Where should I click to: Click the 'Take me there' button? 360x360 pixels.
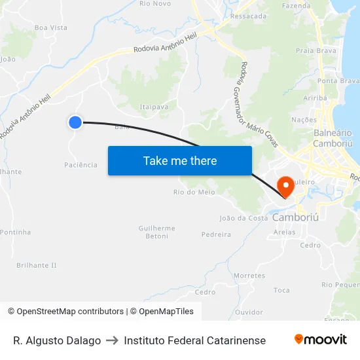pyautogui.click(x=180, y=160)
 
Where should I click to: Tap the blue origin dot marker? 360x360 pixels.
pyautogui.click(x=75, y=122)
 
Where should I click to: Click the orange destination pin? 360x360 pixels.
pyautogui.click(x=286, y=187)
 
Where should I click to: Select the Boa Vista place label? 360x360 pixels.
pyautogui.click(x=50, y=27)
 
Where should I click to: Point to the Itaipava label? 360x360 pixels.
pyautogui.click(x=154, y=107)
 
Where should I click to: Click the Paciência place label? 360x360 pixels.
pyautogui.click(x=81, y=165)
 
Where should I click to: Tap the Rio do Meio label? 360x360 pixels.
pyautogui.click(x=194, y=192)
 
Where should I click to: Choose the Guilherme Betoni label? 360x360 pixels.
pyautogui.click(x=157, y=232)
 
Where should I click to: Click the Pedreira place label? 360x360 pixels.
pyautogui.click(x=216, y=234)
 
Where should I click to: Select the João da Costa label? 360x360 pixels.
pyautogui.click(x=243, y=218)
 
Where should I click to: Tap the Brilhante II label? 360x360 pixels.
pyautogui.click(x=37, y=265)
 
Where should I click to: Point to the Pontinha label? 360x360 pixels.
pyautogui.click(x=15, y=232)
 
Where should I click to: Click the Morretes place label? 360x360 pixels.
pyautogui.click(x=249, y=276)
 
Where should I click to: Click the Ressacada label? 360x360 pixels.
pyautogui.click(x=249, y=16)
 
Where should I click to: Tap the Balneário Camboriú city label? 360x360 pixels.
pyautogui.click(x=333, y=137)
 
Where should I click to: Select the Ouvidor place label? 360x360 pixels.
pyautogui.click(x=249, y=312)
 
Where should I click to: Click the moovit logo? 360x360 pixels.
pyautogui.click(x=320, y=340)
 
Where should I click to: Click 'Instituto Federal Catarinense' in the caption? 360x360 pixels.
pyautogui.click(x=194, y=340)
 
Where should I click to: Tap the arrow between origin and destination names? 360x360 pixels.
pyautogui.click(x=112, y=340)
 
